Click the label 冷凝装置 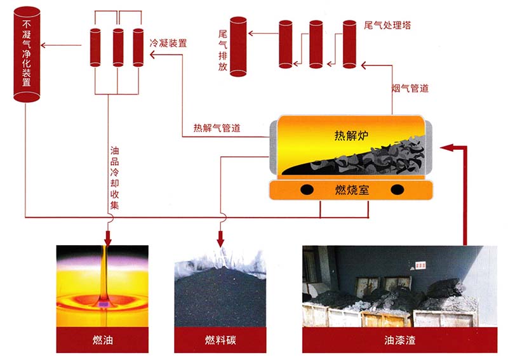pos(168,44)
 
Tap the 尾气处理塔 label pos(387,25)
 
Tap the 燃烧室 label pos(351,189)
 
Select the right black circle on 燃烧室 pos(398,189)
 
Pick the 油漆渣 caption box pos(398,340)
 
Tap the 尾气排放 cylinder pos(238,47)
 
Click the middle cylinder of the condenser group pos(118,46)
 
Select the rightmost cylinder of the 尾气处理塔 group pos(349,44)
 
